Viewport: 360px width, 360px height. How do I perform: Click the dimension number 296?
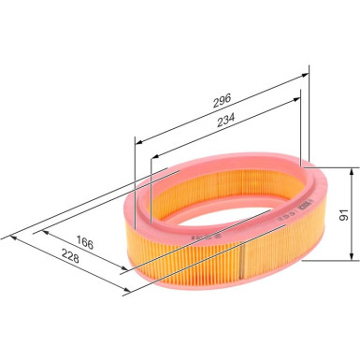click(222, 101)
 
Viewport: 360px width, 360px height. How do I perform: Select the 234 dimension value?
click(225, 120)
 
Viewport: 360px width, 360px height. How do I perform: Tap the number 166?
click(85, 242)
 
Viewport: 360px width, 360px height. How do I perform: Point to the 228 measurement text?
click(70, 255)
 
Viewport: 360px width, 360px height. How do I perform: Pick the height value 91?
click(343, 215)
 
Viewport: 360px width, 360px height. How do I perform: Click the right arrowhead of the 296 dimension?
click(305, 75)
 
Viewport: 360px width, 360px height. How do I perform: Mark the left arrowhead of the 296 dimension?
click(139, 142)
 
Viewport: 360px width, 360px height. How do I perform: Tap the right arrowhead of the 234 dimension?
click(296, 99)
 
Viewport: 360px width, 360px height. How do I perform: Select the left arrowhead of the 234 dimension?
click(155, 156)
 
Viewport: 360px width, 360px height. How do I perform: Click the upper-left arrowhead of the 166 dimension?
click(46, 232)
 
